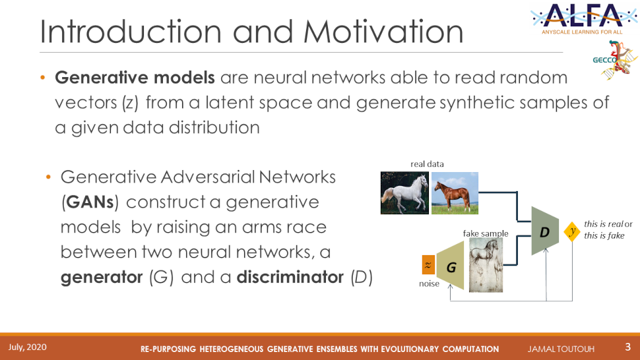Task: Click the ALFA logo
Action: click(x=584, y=18)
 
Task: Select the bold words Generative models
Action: click(x=135, y=77)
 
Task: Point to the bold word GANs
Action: click(x=90, y=202)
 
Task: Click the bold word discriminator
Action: click(x=290, y=277)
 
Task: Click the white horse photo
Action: click(x=404, y=193)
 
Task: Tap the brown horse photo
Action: click(x=455, y=193)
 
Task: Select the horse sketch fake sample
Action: click(x=486, y=265)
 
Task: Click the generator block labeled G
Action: click(x=450, y=266)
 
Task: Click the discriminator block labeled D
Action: click(x=545, y=231)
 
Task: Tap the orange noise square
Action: click(x=428, y=265)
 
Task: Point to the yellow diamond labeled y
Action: click(x=572, y=231)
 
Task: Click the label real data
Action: click(x=427, y=164)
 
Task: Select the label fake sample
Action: click(x=486, y=233)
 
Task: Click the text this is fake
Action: click(x=604, y=235)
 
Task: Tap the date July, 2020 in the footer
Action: click(x=27, y=347)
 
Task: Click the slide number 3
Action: click(x=627, y=347)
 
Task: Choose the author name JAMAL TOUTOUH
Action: click(x=561, y=349)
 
